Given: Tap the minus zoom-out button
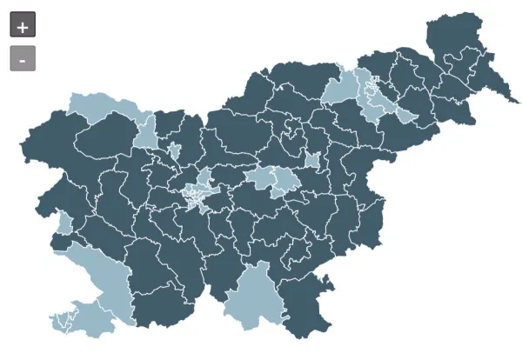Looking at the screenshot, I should (23, 58).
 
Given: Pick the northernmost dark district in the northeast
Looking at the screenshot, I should (452, 35).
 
